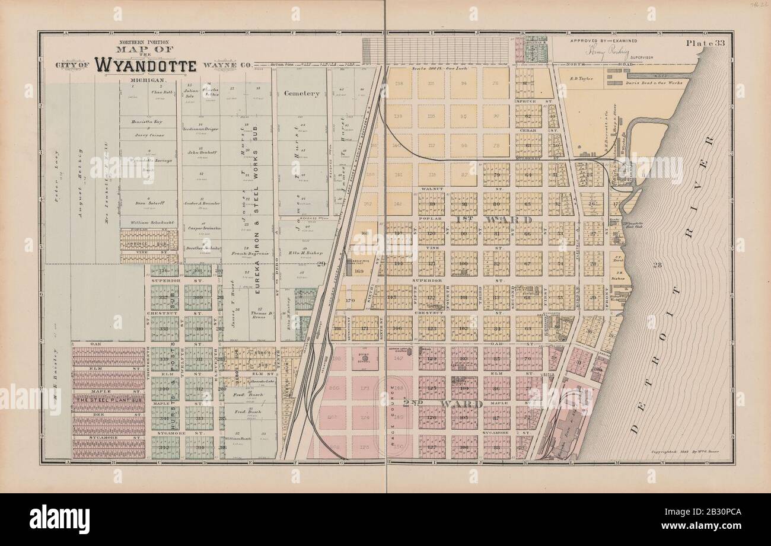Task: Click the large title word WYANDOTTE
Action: (x=145, y=64)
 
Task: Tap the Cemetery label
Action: (x=301, y=93)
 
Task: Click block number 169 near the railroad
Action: (x=359, y=272)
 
